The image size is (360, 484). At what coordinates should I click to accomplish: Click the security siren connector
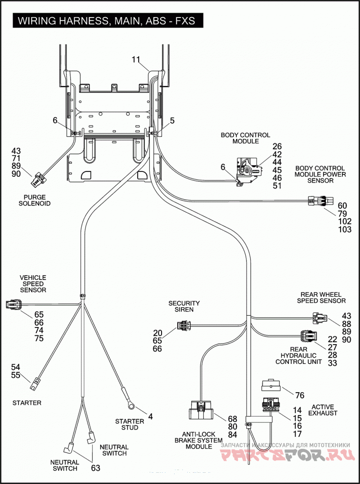tap(184, 325)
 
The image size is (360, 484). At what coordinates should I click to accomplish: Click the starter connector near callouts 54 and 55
tap(34, 383)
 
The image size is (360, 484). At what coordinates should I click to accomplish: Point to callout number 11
tap(136, 59)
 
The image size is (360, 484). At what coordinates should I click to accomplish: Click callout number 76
tap(300, 395)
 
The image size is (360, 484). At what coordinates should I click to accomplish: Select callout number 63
tap(96, 468)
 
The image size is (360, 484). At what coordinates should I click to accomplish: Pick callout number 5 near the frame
tap(172, 121)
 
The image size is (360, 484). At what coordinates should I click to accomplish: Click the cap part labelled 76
tap(270, 385)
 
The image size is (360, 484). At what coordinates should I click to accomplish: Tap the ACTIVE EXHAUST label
tap(323, 410)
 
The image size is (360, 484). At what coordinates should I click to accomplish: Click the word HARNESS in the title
tap(82, 21)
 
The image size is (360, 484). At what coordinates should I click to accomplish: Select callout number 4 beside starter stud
tap(150, 417)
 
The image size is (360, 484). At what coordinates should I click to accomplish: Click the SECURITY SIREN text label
tap(184, 306)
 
